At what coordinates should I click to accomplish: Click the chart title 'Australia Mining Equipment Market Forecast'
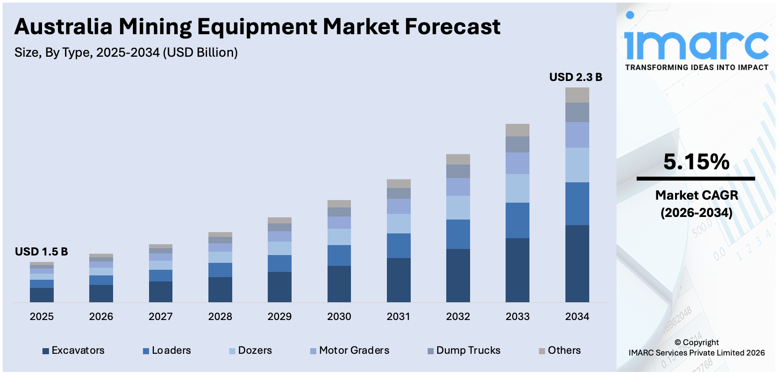(257, 27)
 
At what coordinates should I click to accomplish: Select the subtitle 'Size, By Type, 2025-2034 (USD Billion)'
(126, 53)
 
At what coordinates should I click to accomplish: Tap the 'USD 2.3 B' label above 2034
(575, 78)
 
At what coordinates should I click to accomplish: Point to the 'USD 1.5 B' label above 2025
(41, 252)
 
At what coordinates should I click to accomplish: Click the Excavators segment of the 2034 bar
(577, 263)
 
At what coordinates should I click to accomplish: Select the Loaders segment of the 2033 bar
(517, 220)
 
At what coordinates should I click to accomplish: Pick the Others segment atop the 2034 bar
(577, 95)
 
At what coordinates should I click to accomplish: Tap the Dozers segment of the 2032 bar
(458, 207)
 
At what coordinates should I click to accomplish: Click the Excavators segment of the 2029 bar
(279, 287)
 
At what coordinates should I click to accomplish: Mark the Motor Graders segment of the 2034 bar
(577, 135)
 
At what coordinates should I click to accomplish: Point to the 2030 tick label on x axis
(339, 317)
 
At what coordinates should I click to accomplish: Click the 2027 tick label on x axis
(160, 317)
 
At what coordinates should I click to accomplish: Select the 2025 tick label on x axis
(42, 317)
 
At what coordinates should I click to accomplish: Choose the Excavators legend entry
(74, 350)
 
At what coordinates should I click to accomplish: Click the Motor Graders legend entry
(350, 350)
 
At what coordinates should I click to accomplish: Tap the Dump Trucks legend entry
(464, 350)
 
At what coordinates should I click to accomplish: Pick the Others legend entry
(560, 350)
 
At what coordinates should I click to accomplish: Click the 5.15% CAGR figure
(696, 162)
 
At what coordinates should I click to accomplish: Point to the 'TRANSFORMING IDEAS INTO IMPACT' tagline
(696, 68)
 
